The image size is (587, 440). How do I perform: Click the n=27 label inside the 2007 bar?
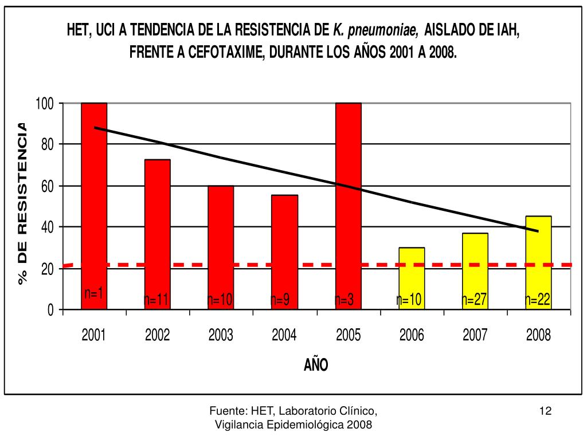(475, 300)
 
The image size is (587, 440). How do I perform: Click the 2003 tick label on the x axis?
(221, 335)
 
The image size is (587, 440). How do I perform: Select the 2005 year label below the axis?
(348, 335)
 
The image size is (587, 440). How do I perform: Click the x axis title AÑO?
(316, 365)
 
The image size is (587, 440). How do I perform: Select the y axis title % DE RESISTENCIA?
(23, 203)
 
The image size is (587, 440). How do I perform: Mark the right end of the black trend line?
(538, 231)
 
